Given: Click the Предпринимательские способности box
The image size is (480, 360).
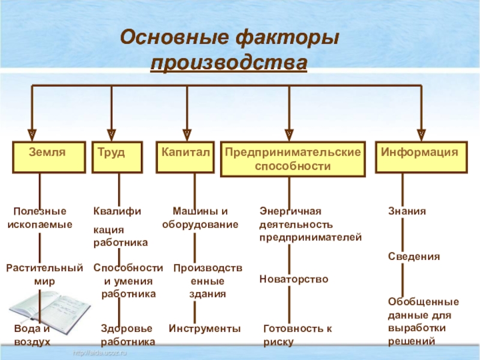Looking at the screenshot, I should click(x=293, y=159).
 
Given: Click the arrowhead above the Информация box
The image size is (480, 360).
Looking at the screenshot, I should click(x=421, y=133).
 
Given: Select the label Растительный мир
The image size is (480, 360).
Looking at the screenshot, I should click(x=44, y=274).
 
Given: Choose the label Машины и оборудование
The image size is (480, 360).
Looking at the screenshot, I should click(x=200, y=218).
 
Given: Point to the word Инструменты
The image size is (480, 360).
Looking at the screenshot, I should click(x=205, y=329).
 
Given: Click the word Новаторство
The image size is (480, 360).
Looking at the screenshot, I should click(x=293, y=279).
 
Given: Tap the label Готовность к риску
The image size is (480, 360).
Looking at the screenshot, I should click(x=297, y=335).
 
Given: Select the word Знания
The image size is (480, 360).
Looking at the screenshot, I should click(x=407, y=212).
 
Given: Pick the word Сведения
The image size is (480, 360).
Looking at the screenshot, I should click(x=413, y=256).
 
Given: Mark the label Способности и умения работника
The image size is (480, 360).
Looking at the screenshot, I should click(x=128, y=281).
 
